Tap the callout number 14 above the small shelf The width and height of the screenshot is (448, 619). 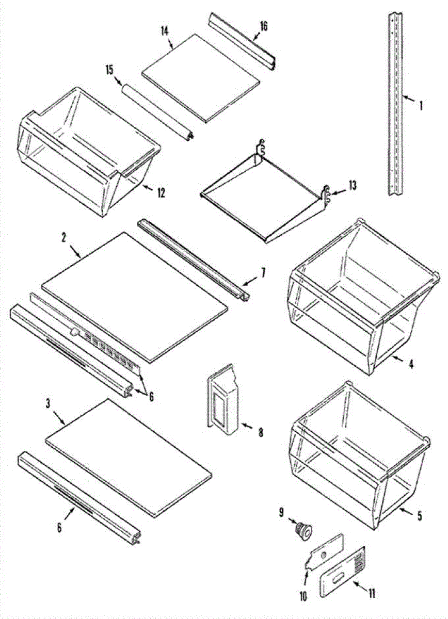[x=165, y=30]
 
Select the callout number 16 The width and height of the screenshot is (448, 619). [x=263, y=26]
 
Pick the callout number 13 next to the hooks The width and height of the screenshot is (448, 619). [x=352, y=186]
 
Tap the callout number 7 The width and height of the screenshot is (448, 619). [x=263, y=272]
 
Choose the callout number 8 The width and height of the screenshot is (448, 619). [x=260, y=432]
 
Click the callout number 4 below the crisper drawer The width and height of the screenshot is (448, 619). [x=411, y=364]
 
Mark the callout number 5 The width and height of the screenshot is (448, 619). [x=419, y=515]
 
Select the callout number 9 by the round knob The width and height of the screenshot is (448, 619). [x=282, y=512]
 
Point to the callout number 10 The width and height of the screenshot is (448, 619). [x=302, y=596]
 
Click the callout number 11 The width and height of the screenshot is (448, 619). [x=371, y=593]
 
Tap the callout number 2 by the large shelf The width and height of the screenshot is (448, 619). [x=63, y=238]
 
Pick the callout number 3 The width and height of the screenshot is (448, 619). [x=49, y=404]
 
